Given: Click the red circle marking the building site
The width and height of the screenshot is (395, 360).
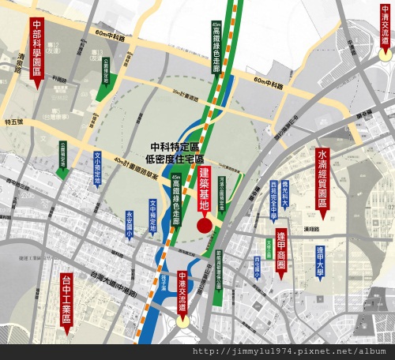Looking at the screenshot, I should tap(204, 226).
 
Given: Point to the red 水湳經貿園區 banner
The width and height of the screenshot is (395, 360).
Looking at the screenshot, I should tap(322, 177).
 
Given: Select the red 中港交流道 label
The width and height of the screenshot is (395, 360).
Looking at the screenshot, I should tap(182, 291).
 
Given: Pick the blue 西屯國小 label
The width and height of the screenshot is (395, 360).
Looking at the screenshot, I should tap(257, 268).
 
